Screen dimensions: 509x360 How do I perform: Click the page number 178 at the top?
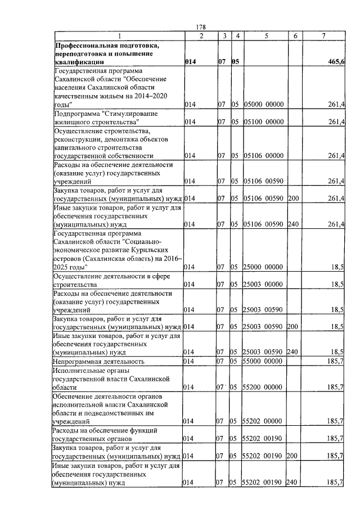201,28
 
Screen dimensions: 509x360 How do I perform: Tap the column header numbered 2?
201,36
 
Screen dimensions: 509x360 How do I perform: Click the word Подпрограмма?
76,114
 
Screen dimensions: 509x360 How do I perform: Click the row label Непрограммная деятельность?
98,361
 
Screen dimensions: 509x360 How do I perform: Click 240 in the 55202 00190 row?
291,482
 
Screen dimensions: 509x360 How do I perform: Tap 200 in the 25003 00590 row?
291,326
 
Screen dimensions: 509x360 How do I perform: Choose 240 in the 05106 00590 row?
291,224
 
